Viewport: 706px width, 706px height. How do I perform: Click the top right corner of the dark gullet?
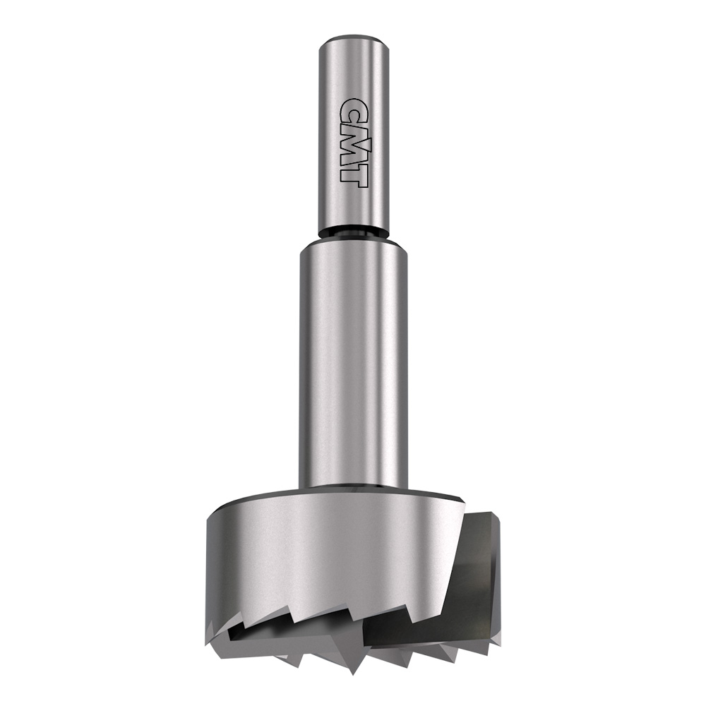pyautogui.click(x=491, y=513)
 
